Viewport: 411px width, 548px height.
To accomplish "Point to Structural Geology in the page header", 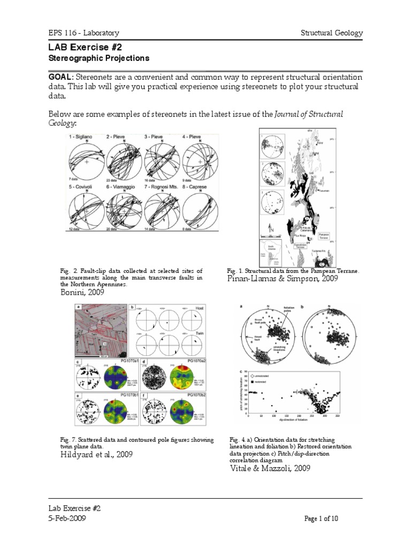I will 332,33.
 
